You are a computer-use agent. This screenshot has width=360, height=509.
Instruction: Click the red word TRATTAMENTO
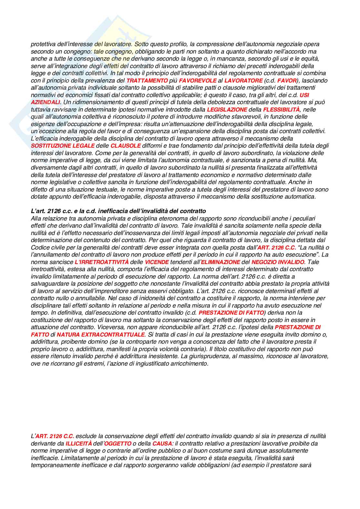click(x=147, y=81)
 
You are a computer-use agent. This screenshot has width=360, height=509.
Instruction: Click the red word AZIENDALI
click(x=45, y=102)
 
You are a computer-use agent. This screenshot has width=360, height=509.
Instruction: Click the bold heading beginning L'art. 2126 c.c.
click(x=118, y=211)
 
